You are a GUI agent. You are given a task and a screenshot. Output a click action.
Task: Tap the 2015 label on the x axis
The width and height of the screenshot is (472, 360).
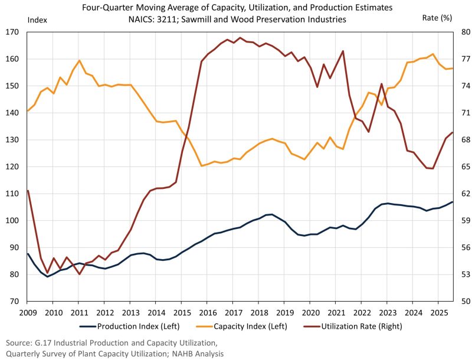[182, 313]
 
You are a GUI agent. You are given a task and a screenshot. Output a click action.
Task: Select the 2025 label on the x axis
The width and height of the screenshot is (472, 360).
[438, 313]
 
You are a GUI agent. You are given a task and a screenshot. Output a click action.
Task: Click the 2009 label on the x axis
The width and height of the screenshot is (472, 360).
[28, 313]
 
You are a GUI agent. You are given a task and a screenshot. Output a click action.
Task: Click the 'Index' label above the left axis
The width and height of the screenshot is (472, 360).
[36, 18]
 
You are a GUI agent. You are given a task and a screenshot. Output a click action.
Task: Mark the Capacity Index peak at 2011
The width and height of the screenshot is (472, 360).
[79, 60]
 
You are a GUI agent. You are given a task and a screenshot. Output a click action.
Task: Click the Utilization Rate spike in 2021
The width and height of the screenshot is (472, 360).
[343, 51]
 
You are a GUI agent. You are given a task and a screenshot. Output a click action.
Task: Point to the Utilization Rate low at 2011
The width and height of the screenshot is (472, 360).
[79, 274]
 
